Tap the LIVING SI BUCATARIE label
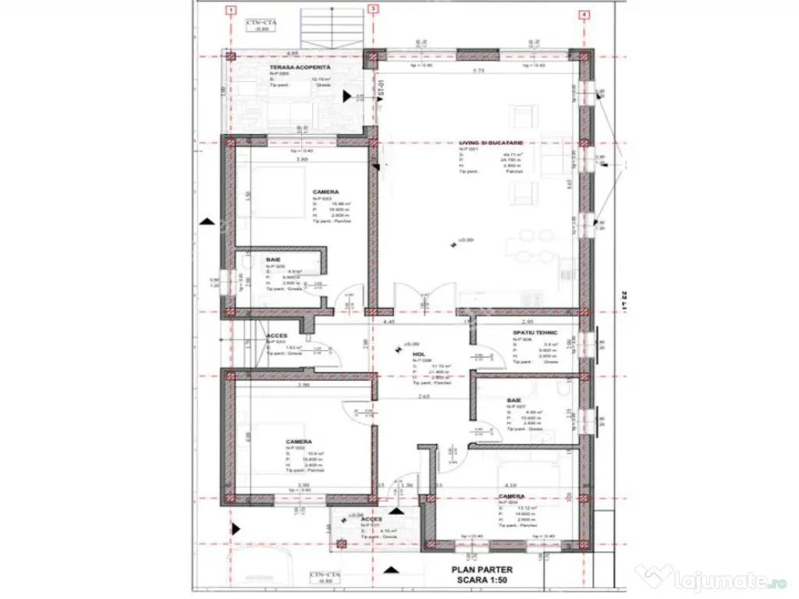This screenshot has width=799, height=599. [491, 143]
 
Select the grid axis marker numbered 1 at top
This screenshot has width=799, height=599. [229, 10]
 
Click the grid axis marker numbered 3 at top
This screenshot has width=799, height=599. [374, 10]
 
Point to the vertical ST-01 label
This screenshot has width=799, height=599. [381, 87]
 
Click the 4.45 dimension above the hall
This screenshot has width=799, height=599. [388, 321]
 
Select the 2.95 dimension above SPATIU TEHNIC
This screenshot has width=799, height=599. [527, 321]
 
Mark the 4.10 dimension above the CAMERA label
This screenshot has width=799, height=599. [510, 484]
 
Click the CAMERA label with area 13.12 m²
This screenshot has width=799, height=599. [511, 496]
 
